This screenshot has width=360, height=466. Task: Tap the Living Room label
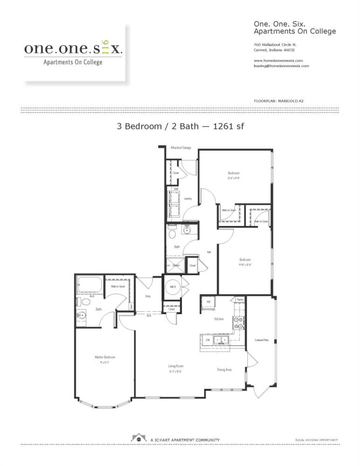point(176,366)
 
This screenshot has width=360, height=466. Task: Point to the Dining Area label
point(224,370)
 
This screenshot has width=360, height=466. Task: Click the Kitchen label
point(219,319)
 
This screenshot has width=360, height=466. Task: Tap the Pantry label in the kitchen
point(240,300)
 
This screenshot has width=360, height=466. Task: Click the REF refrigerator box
point(209,302)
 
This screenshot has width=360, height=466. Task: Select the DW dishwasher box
point(208,340)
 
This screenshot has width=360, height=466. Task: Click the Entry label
point(148,296)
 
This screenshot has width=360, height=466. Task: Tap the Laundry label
point(188,199)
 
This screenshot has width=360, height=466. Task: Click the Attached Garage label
point(181,148)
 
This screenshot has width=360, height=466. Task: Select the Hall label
point(209,252)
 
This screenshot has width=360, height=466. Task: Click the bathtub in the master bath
point(90,284)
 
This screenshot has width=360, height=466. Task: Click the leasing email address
point(281,66)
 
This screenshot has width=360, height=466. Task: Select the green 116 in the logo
point(104,48)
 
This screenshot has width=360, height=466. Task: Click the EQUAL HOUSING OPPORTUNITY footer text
point(317,440)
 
